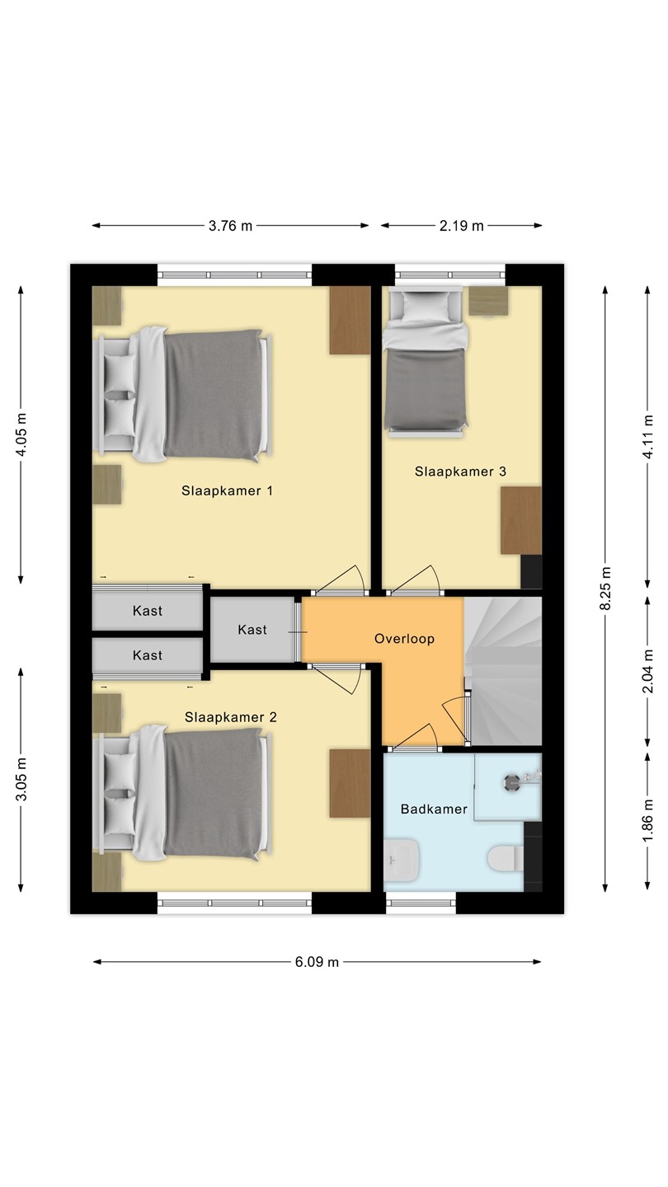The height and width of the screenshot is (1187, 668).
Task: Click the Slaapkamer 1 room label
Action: pyautogui.click(x=227, y=490)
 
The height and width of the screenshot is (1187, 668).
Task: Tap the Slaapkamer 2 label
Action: pyautogui.click(x=231, y=717)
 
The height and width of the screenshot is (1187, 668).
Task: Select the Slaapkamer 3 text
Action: pyautogui.click(x=460, y=472)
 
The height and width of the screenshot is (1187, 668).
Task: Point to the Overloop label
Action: pyautogui.click(x=404, y=639)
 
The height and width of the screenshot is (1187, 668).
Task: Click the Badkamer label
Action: pyautogui.click(x=434, y=809)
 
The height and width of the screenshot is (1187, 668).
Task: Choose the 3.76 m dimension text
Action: pyautogui.click(x=230, y=226)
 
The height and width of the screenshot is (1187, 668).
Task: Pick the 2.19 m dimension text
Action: pyautogui.click(x=461, y=226)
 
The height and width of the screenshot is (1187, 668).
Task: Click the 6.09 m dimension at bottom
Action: pyautogui.click(x=317, y=962)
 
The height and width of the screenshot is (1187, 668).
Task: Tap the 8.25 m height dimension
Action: pyautogui.click(x=605, y=589)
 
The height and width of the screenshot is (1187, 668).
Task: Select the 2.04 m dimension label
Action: pyautogui.click(x=648, y=671)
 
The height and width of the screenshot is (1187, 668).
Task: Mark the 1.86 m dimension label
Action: pyautogui.click(x=648, y=822)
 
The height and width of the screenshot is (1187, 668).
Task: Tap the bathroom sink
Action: pyautogui.click(x=402, y=860)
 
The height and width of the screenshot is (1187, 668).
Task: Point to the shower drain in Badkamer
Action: pyautogui.click(x=511, y=781)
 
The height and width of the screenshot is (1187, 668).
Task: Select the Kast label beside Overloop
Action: pyautogui.click(x=252, y=630)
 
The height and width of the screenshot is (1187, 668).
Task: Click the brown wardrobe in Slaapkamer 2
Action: pyautogui.click(x=350, y=783)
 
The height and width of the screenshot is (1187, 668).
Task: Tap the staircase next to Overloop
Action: pyautogui.click(x=503, y=671)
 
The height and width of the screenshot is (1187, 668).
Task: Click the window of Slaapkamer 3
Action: pyautogui.click(x=450, y=274)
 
